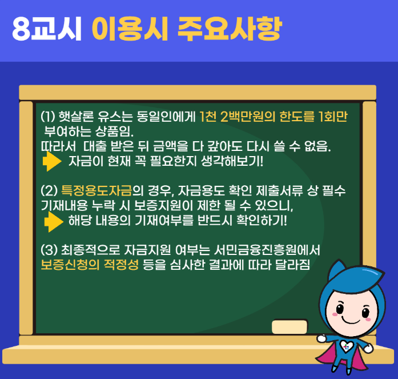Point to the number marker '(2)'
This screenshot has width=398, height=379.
pyautogui.click(x=49, y=190)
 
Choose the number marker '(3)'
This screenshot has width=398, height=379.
pyautogui.click(x=49, y=250)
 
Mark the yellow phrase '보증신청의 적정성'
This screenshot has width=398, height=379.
pyautogui.click(x=90, y=265)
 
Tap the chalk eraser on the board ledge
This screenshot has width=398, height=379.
pyautogui.click(x=290, y=326)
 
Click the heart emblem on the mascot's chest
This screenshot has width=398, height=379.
pyautogui.click(x=344, y=346)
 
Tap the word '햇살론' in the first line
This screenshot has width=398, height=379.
pyautogui.click(x=75, y=118)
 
